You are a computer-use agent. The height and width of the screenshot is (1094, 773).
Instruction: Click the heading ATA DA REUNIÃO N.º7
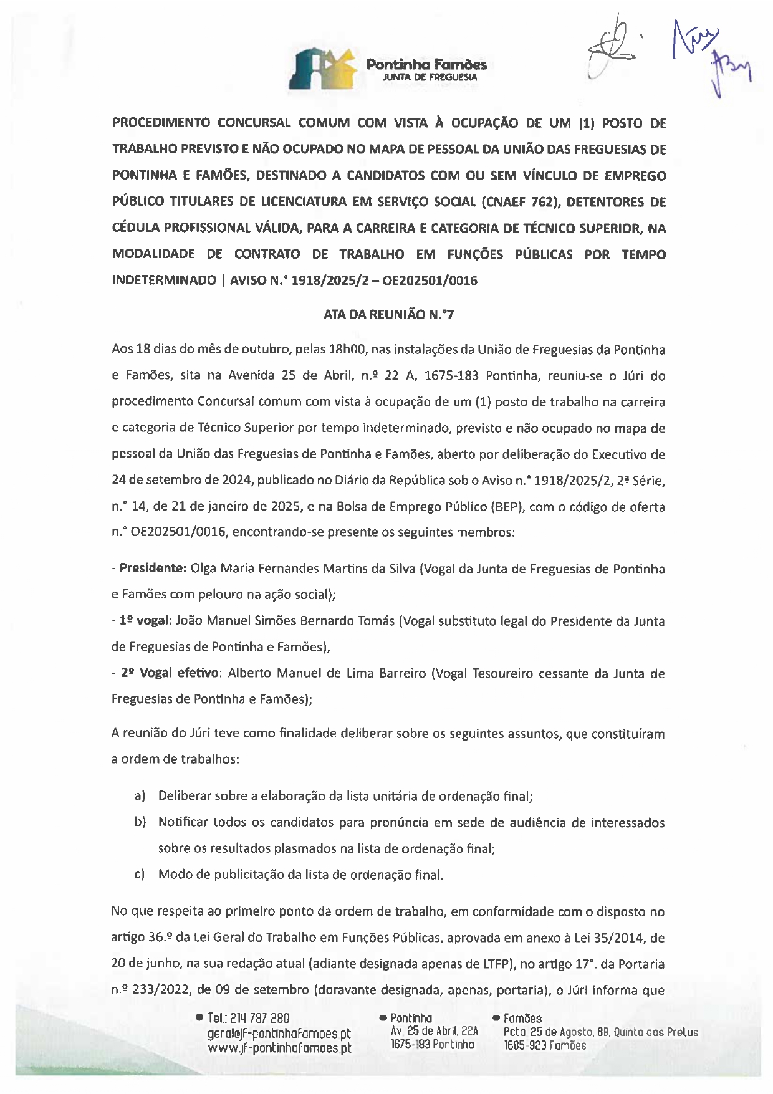pos(388,315)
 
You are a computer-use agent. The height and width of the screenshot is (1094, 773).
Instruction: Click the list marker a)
pos(140,796)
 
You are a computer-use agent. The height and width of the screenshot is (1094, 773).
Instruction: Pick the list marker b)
pos(140,822)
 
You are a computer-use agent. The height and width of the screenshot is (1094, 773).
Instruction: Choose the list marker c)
pos(140,875)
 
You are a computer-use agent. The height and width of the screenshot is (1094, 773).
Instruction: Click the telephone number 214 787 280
pos(259,1019)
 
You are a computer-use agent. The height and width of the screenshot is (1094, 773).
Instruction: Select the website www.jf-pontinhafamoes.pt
pos(279,1048)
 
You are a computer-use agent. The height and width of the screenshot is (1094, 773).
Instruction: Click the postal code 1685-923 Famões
pos(545,1045)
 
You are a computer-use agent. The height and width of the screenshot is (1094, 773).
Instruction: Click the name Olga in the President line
pos(204,569)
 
